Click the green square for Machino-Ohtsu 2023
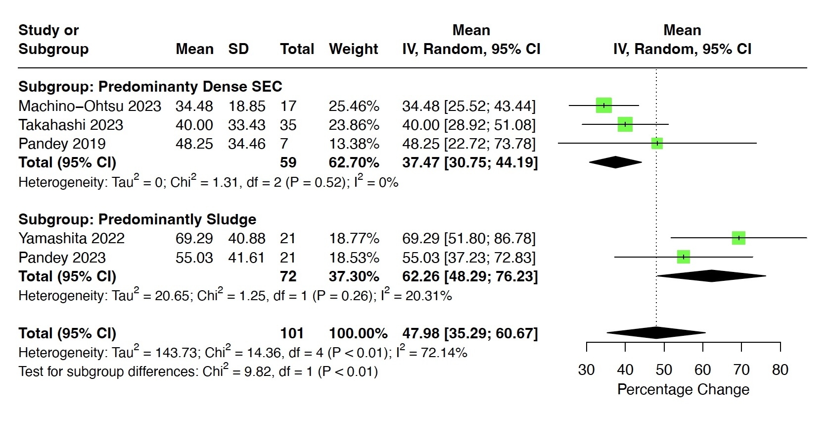click(x=603, y=106)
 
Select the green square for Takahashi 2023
click(x=625, y=124)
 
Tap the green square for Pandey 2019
click(x=657, y=144)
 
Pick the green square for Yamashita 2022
click(x=738, y=238)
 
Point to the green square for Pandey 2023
click(x=683, y=257)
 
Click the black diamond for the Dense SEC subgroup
click(x=615, y=162)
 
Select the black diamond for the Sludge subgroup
click(x=711, y=276)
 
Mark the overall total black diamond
click(x=656, y=333)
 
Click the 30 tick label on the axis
click(x=586, y=370)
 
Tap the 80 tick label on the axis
click(x=780, y=370)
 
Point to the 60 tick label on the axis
click(x=702, y=370)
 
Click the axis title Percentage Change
click(x=683, y=389)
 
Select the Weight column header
click(x=353, y=49)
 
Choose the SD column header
click(x=238, y=49)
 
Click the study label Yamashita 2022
click(x=71, y=238)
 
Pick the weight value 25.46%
click(x=354, y=106)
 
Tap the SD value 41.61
click(x=246, y=258)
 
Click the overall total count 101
click(x=292, y=333)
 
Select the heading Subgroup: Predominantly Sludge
click(x=137, y=219)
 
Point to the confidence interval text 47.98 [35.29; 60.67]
click(x=469, y=333)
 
